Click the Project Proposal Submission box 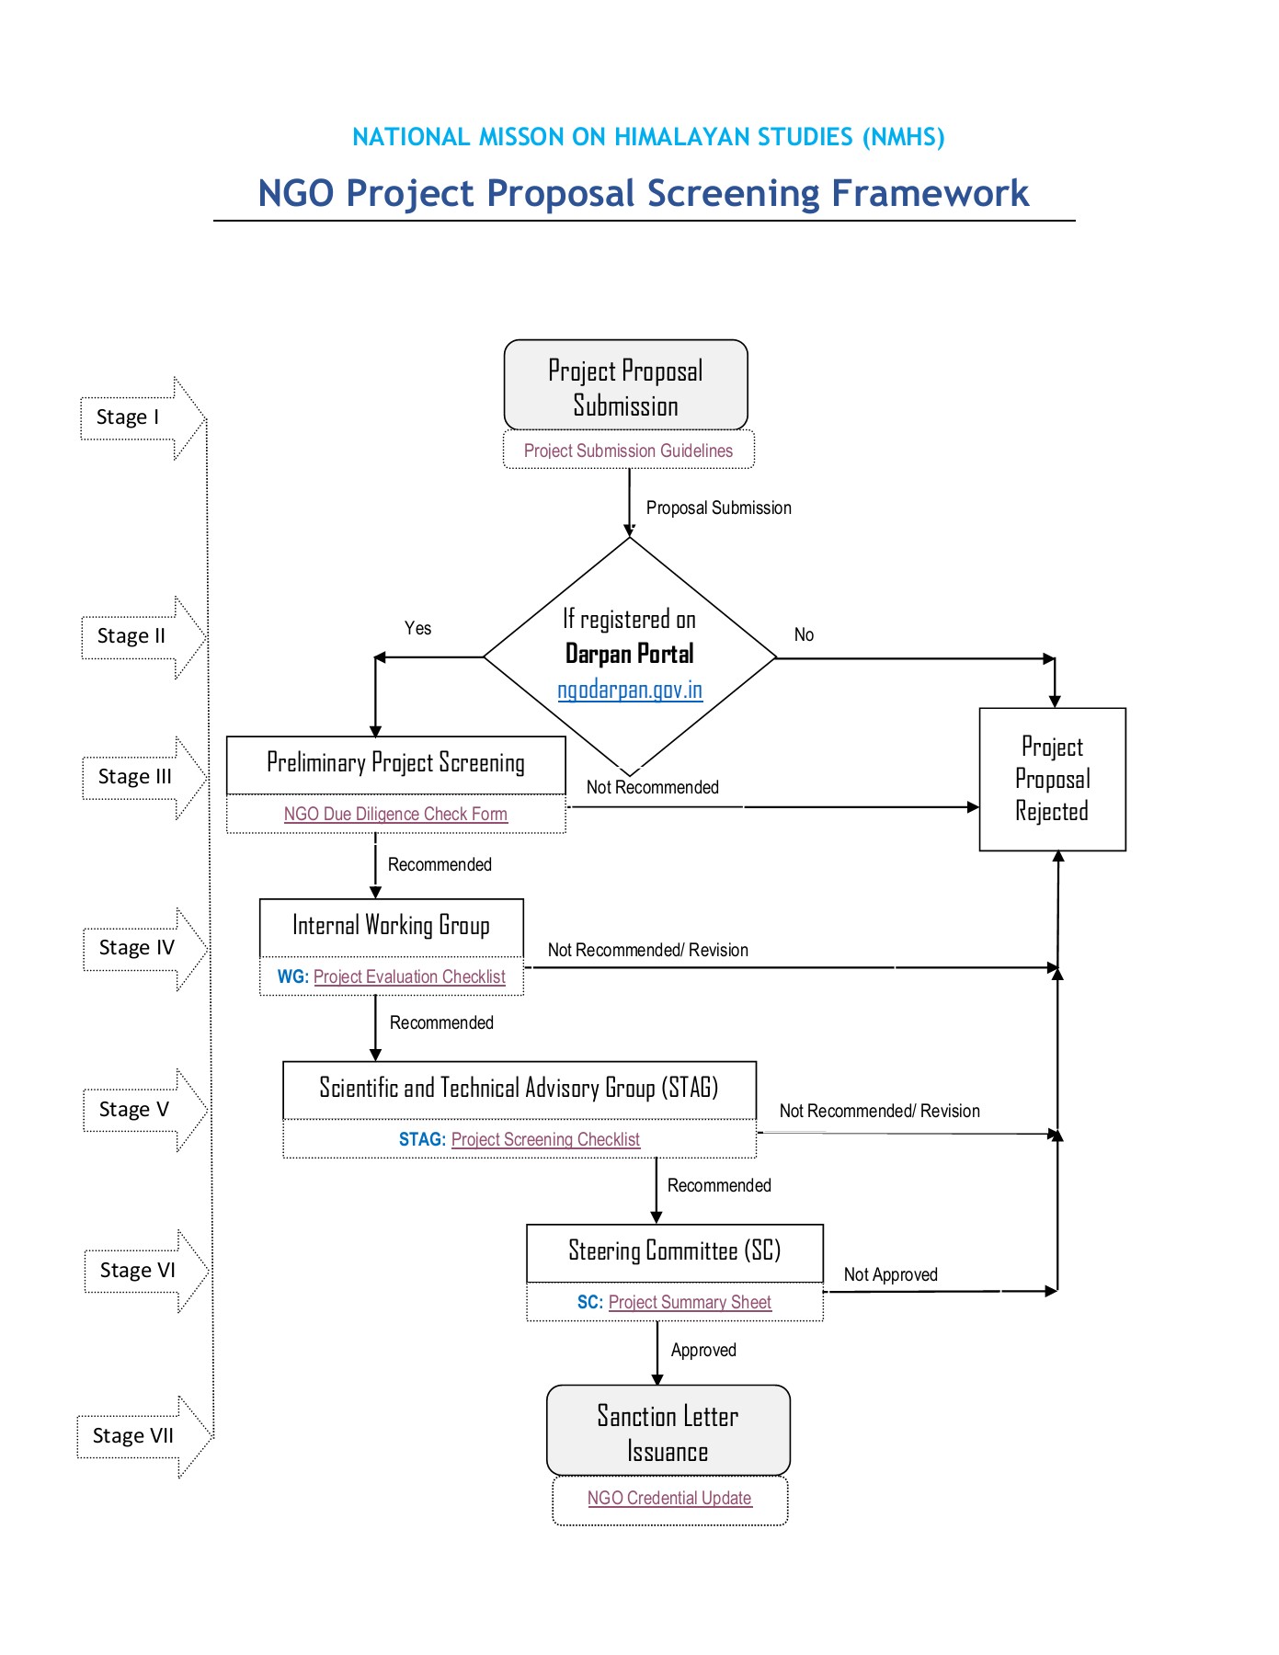pos(625,386)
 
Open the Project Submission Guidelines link pos(628,451)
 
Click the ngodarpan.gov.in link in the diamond pos(630,690)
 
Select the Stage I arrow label pos(129,417)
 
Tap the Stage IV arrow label pos(136,948)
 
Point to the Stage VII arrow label pos(133,1436)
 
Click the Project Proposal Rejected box pos(1052,779)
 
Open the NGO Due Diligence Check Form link pos(395,814)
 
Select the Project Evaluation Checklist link pos(409,976)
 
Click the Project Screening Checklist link pos(545,1139)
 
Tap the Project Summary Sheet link pos(690,1302)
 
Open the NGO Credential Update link pos(669,1498)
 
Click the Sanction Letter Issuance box pos(668,1432)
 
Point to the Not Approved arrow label pos(890,1274)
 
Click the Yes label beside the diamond pos(417,628)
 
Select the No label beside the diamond pos(804,634)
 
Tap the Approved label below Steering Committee pos(703,1350)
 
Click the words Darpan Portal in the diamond pos(630,654)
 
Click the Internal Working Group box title pos(391,925)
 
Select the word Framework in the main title pos(930,193)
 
